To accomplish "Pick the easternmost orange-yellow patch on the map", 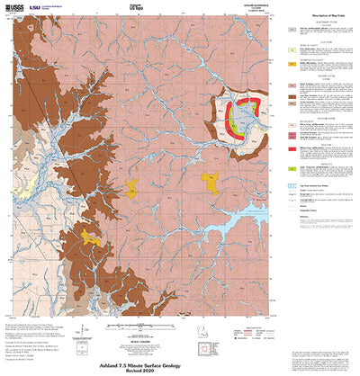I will [x=211, y=184].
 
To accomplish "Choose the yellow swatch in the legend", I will [x=292, y=66].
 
